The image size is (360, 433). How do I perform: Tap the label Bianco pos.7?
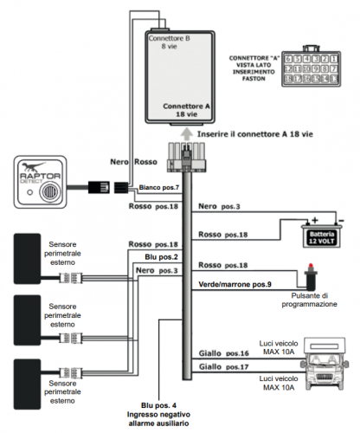pyautogui.click(x=159, y=188)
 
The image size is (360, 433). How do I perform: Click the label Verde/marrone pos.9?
pyautogui.click(x=234, y=284)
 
